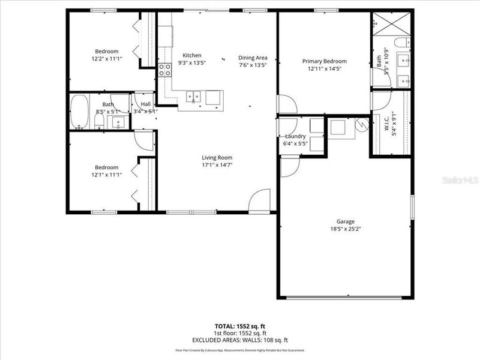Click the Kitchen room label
pos(192,55)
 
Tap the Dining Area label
pos(253,58)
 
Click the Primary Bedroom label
pos(324,61)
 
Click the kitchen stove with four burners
pos(165,71)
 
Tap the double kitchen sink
pos(193,96)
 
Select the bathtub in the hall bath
pos(79,112)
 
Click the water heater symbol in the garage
pos(362,125)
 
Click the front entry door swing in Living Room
pos(260,200)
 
